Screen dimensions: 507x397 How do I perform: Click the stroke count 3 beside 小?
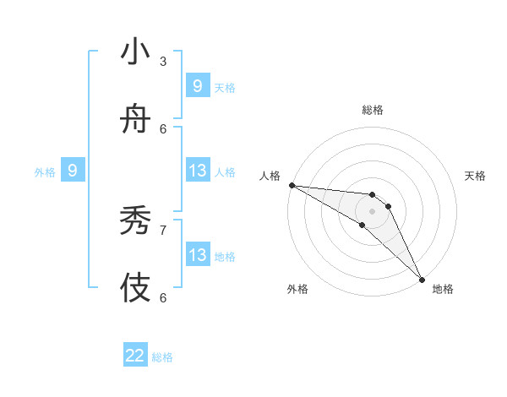(x=163, y=61)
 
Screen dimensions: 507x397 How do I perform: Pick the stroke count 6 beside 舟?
(x=163, y=128)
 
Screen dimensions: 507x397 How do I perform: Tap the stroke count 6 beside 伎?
(x=163, y=296)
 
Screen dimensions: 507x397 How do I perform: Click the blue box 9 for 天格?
(x=197, y=86)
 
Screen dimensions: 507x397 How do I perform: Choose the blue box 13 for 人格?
(x=197, y=171)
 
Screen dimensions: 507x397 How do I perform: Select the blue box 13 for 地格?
(x=197, y=255)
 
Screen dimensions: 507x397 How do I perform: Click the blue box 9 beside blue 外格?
(x=73, y=171)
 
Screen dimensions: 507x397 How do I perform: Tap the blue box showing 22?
(x=135, y=356)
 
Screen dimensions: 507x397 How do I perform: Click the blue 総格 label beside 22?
(x=162, y=357)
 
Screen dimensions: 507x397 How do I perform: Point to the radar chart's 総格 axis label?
(x=373, y=110)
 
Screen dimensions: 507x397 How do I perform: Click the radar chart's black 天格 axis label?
(x=476, y=176)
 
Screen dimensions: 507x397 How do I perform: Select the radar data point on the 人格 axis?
(x=291, y=185)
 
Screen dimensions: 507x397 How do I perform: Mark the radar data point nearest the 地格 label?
(x=422, y=279)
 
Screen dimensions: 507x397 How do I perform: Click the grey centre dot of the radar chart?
(x=372, y=211)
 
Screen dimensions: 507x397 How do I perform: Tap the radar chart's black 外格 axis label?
(x=297, y=289)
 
